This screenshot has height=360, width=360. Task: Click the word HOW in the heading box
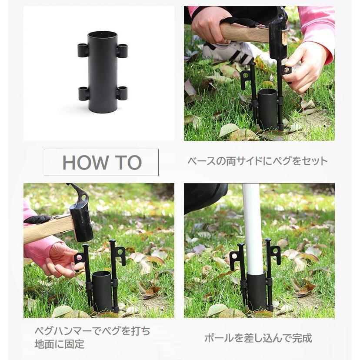pos(85,163)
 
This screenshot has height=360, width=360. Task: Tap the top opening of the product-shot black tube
pos(103,35)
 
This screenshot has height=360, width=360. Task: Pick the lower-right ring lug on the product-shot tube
pos(122,93)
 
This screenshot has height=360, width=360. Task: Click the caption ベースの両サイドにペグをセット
pos(257,161)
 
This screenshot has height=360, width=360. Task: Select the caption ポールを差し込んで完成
pos(258,338)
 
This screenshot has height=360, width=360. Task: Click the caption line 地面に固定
pos(59,344)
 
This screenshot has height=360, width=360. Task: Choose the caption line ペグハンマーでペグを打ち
pos(92,331)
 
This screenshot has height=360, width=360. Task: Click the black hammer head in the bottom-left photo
pos(81,220)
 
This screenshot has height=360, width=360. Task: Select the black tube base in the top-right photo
pos(267,110)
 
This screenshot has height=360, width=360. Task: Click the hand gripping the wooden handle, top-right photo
pos(210,27)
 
